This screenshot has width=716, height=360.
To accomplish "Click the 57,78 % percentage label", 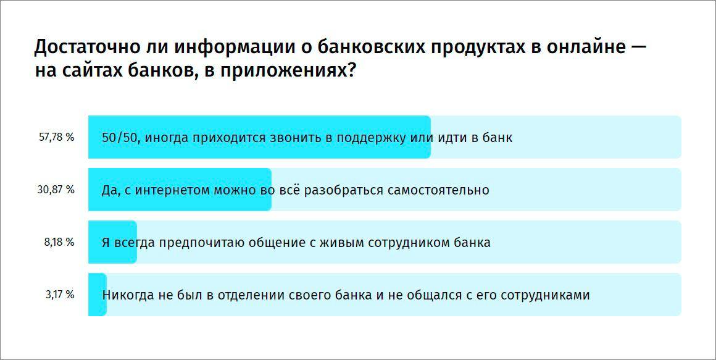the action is click(x=57, y=137).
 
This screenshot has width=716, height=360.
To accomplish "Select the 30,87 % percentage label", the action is click(x=56, y=190).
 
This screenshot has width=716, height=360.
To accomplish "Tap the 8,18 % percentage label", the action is click(x=59, y=242).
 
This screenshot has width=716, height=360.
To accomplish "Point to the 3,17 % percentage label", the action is click(x=60, y=295).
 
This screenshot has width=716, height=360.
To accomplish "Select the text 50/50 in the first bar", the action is click(x=120, y=138).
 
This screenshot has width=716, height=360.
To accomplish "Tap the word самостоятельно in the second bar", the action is click(x=438, y=190).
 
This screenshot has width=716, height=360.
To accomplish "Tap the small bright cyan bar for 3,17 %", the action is click(x=98, y=295).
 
